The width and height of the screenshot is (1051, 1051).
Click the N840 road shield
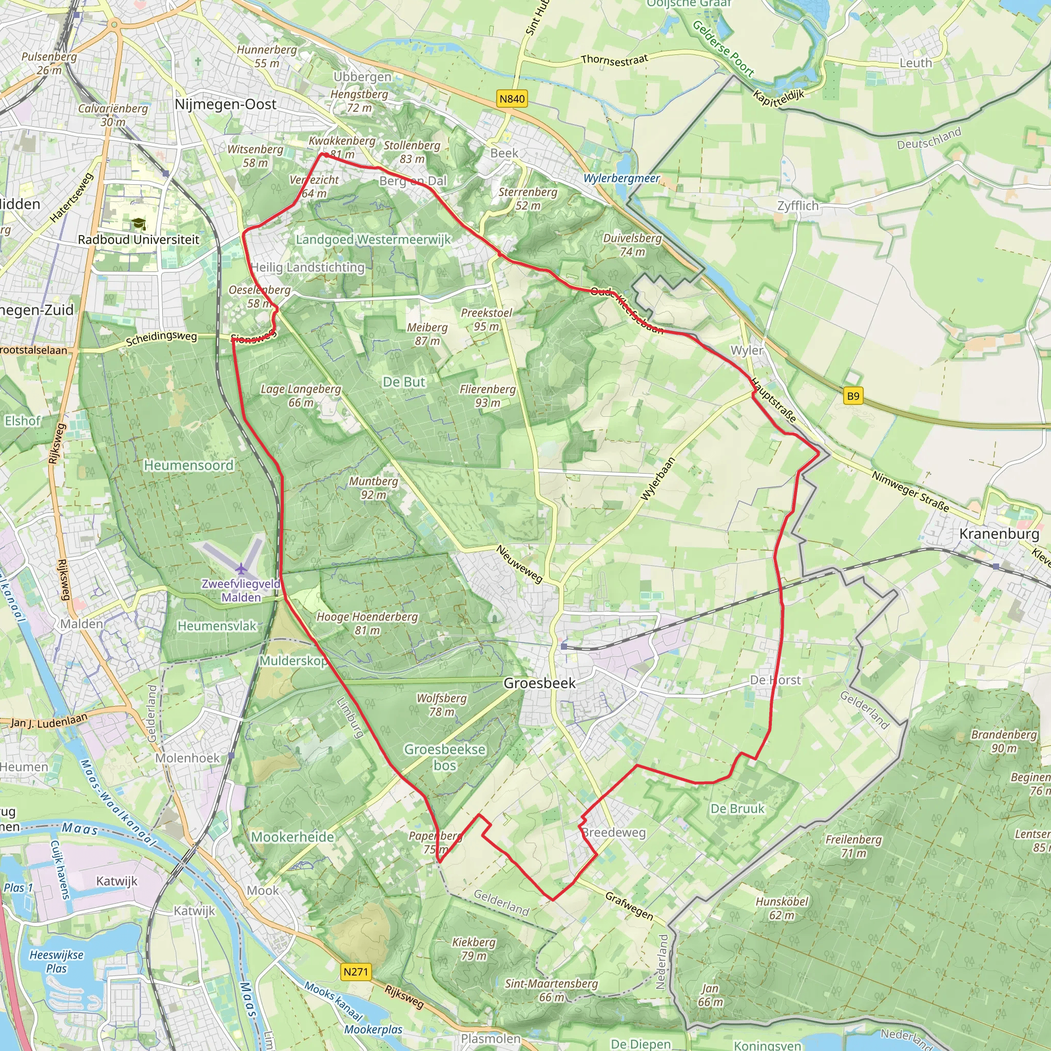(512, 99)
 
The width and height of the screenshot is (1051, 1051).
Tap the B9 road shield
(853, 396)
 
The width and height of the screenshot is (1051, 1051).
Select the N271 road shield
(356, 971)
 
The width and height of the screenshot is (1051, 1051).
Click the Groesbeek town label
(539, 683)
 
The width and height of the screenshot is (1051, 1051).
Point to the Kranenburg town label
(999, 534)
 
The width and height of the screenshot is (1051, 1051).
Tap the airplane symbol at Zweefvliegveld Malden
(242, 569)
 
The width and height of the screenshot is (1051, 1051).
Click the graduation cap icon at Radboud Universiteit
(139, 224)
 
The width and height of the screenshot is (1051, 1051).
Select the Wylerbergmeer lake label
(621, 179)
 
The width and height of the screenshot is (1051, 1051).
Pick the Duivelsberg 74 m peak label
(632, 245)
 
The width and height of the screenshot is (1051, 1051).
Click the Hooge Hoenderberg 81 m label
(367, 624)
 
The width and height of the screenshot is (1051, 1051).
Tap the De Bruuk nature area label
(737, 808)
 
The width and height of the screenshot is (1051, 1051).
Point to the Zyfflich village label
(797, 206)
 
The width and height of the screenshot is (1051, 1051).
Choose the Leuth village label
(916, 63)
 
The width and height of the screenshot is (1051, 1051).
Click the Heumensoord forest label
(188, 465)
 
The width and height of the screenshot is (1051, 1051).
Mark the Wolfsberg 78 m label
(442, 705)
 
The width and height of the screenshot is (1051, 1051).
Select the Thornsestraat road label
(614, 60)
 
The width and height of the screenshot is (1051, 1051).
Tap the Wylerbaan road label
(658, 479)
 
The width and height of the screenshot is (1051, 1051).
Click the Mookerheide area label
(292, 836)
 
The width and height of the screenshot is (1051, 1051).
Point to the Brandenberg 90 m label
(1004, 741)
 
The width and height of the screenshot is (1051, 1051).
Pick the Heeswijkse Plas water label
(56, 962)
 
